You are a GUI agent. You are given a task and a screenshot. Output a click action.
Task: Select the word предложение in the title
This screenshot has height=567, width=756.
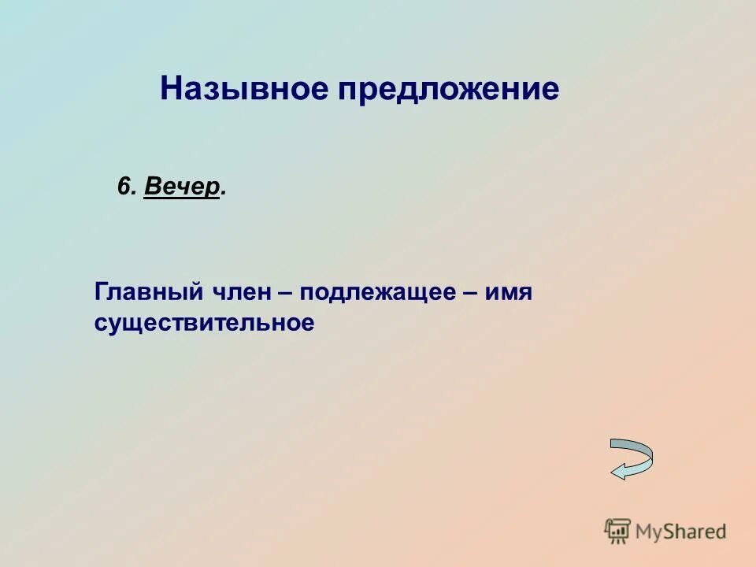tap(449, 89)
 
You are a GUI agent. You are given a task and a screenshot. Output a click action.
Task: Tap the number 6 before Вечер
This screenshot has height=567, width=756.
tap(124, 187)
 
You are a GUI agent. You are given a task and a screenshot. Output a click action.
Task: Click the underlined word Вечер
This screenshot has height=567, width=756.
tap(181, 187)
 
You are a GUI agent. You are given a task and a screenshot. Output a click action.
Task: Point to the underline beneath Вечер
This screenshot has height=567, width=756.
tap(181, 198)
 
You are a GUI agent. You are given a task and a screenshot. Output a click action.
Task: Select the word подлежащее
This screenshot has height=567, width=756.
tap(376, 294)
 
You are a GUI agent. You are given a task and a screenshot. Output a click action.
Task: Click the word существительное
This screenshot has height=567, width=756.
tap(204, 323)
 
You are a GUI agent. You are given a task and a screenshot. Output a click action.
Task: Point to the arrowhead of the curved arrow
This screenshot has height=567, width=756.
tap(619, 472)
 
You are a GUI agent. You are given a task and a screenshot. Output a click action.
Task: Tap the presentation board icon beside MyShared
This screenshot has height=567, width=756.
tap(617, 531)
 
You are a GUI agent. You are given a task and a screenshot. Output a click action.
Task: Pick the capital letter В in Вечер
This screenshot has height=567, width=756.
tap(152, 187)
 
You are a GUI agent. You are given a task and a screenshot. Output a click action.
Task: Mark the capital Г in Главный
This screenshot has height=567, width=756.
tap(102, 292)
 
